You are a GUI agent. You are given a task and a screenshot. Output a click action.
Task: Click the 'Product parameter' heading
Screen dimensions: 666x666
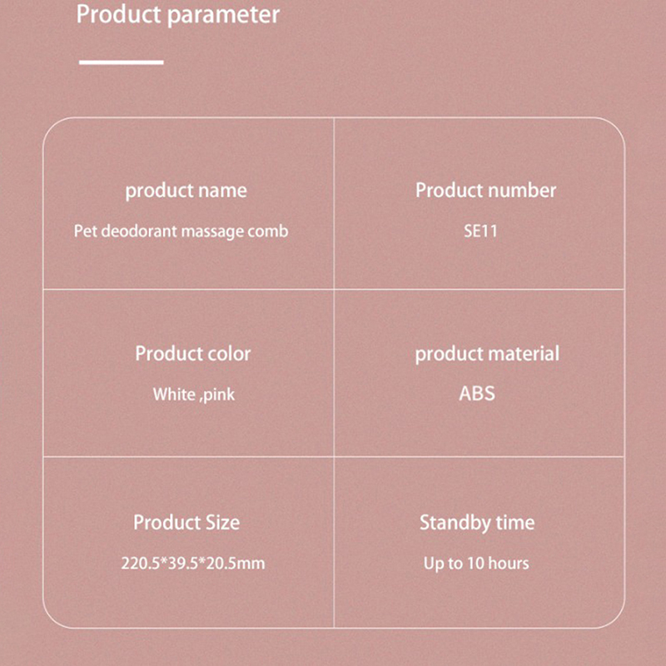(x=178, y=15)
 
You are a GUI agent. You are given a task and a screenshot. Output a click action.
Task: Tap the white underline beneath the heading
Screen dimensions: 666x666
(x=121, y=62)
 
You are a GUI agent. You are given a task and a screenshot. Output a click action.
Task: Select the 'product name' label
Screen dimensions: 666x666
(x=186, y=191)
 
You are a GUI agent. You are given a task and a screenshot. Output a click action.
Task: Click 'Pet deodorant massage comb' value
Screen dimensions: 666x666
(x=181, y=231)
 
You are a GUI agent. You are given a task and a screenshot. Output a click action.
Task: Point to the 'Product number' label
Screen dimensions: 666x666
(x=485, y=191)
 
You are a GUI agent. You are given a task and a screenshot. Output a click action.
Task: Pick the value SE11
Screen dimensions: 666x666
(x=480, y=231)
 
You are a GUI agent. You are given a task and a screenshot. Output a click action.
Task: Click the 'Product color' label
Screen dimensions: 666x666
(x=193, y=354)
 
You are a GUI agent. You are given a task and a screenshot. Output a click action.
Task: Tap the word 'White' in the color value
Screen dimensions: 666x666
(x=174, y=395)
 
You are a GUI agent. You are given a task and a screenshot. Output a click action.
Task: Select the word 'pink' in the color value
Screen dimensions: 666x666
(x=218, y=395)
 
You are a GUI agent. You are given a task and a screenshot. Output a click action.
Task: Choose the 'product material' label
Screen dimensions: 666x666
(x=487, y=355)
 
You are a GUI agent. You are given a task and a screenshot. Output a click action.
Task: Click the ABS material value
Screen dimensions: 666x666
(x=477, y=394)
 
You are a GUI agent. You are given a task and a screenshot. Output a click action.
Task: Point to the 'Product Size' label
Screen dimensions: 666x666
(x=186, y=523)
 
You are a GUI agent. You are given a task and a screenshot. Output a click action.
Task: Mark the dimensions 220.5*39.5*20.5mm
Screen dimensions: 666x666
(x=193, y=564)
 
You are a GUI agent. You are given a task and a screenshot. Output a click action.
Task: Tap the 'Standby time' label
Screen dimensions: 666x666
(x=477, y=523)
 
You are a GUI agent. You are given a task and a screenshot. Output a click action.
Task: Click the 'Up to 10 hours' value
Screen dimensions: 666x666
(x=476, y=564)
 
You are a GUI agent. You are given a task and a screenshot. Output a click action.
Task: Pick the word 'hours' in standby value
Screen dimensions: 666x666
(x=509, y=564)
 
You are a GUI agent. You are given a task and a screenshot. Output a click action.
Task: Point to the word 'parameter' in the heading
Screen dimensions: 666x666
(x=223, y=16)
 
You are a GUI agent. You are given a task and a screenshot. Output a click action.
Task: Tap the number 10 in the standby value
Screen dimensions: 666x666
(x=475, y=564)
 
